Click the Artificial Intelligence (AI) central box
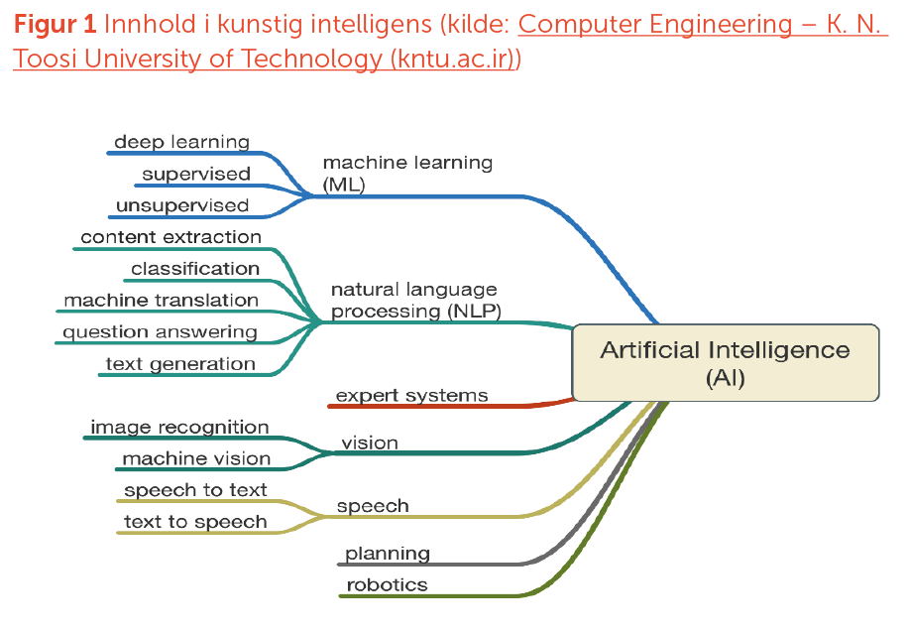click(725, 363)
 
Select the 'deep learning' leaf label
click(181, 142)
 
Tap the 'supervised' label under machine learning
click(196, 174)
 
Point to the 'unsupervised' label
click(182, 205)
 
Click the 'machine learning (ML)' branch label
click(407, 172)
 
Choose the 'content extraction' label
click(170, 237)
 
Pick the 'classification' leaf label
click(195, 269)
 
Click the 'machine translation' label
click(162, 300)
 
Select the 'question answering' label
click(161, 331)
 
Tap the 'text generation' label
click(180, 363)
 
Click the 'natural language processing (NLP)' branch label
click(415, 300)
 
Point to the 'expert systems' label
click(411, 395)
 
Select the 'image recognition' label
click(179, 427)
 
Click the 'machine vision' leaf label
click(196, 458)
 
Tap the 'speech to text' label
click(195, 490)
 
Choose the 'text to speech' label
click(195, 522)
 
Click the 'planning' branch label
click(388, 554)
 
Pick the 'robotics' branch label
click(387, 584)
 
